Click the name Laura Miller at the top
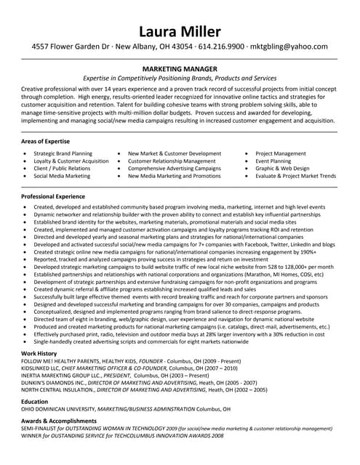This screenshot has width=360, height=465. (180, 31)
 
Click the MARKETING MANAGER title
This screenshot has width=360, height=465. (179, 68)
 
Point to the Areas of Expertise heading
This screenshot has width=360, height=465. (46, 141)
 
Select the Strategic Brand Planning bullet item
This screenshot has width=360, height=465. (63, 154)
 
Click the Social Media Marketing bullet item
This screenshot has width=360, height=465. (62, 176)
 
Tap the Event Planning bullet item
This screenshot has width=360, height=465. (274, 161)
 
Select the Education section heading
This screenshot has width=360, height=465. (35, 401)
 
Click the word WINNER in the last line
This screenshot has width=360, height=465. (32, 436)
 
